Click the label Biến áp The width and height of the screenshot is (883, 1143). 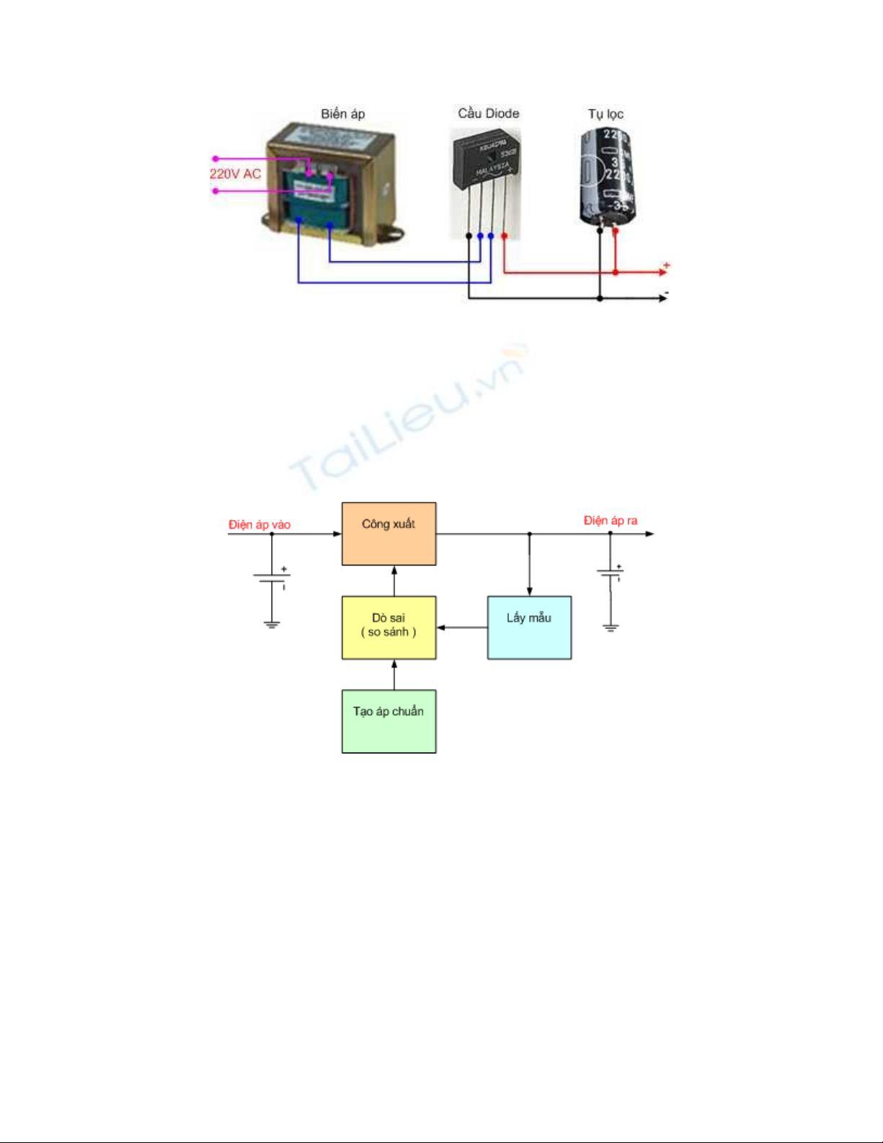(343, 114)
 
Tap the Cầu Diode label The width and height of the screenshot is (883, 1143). (488, 113)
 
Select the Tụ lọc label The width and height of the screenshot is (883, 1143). (605, 114)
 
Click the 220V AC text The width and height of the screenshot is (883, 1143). (235, 174)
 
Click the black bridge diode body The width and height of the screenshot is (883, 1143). (486, 163)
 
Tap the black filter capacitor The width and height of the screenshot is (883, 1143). (607, 177)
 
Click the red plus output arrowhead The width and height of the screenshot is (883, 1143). (663, 272)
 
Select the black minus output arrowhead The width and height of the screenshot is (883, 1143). (662, 299)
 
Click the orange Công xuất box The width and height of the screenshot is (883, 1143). (389, 534)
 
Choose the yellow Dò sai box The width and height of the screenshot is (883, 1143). (389, 627)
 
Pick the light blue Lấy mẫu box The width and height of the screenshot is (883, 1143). (529, 627)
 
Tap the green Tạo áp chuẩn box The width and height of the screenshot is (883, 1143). (389, 721)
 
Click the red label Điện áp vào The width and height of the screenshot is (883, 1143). (259, 525)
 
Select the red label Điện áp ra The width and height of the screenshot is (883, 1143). (611, 521)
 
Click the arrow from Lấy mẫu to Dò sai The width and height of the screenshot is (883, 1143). (461, 627)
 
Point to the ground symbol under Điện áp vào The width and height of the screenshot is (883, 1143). (272, 625)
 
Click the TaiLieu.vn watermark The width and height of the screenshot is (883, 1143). (407, 418)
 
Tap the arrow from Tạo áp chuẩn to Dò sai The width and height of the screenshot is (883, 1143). (394, 674)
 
